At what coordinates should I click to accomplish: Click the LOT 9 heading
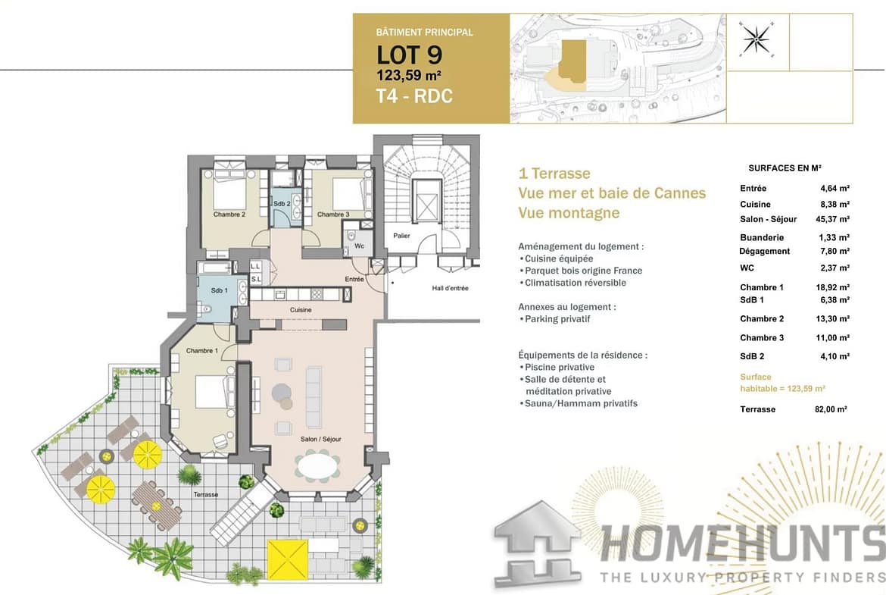[x=409, y=55]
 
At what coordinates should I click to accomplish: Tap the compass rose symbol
[x=757, y=39]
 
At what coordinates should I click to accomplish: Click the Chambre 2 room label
[x=229, y=215]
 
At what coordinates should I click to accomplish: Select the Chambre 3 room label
[x=332, y=215]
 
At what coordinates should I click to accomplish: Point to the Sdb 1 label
[x=220, y=290]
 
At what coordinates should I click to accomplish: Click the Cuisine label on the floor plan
[x=301, y=310]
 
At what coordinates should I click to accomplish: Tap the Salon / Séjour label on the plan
[x=321, y=439]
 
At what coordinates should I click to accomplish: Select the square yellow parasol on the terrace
[x=288, y=559]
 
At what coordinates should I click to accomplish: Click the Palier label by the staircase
[x=402, y=235]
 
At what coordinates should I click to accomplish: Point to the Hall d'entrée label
[x=451, y=288]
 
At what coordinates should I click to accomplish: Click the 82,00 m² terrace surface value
[x=831, y=409]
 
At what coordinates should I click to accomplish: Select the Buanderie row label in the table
[x=762, y=237]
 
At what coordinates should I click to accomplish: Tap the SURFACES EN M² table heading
[x=785, y=168]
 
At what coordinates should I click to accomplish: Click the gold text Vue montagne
[x=569, y=213]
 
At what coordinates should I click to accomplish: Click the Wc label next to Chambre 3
[x=360, y=246]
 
